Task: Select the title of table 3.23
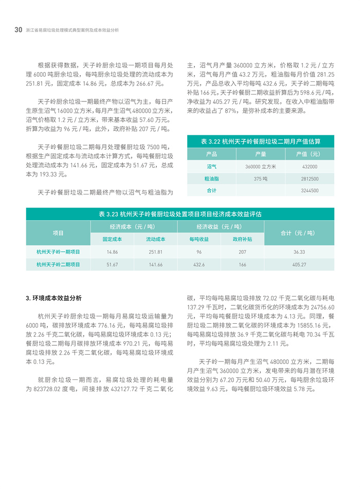(180, 214)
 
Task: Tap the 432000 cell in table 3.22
(310, 167)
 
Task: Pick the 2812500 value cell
(310, 179)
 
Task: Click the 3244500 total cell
(310, 190)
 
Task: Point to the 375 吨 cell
(260, 179)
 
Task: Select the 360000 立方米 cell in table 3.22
(260, 167)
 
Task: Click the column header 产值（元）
(310, 154)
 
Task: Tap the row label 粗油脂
(211, 179)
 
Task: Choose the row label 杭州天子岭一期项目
(58, 252)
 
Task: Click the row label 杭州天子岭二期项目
(58, 265)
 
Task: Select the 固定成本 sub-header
(112, 239)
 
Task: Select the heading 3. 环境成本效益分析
(53, 298)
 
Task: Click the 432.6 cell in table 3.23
(199, 265)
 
